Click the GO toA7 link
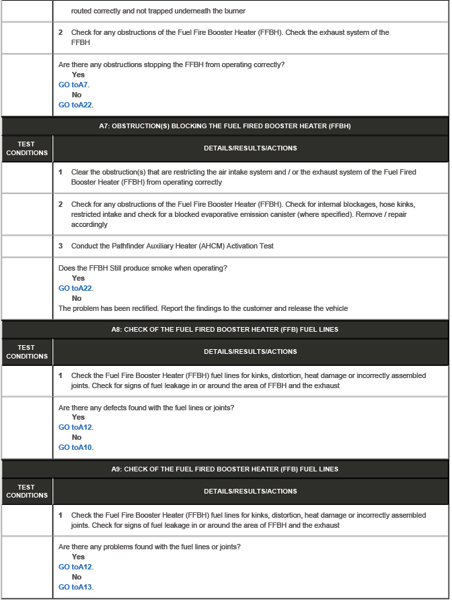pos(73,85)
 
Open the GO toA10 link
pos(75,447)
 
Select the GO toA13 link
pos(75,587)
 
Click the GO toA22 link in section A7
pos(75,288)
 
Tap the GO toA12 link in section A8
pos(75,427)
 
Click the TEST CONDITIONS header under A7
pos(27,148)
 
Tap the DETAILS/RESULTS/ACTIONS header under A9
pos(250,491)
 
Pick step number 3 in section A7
pos(61,246)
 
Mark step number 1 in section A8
pos(61,375)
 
